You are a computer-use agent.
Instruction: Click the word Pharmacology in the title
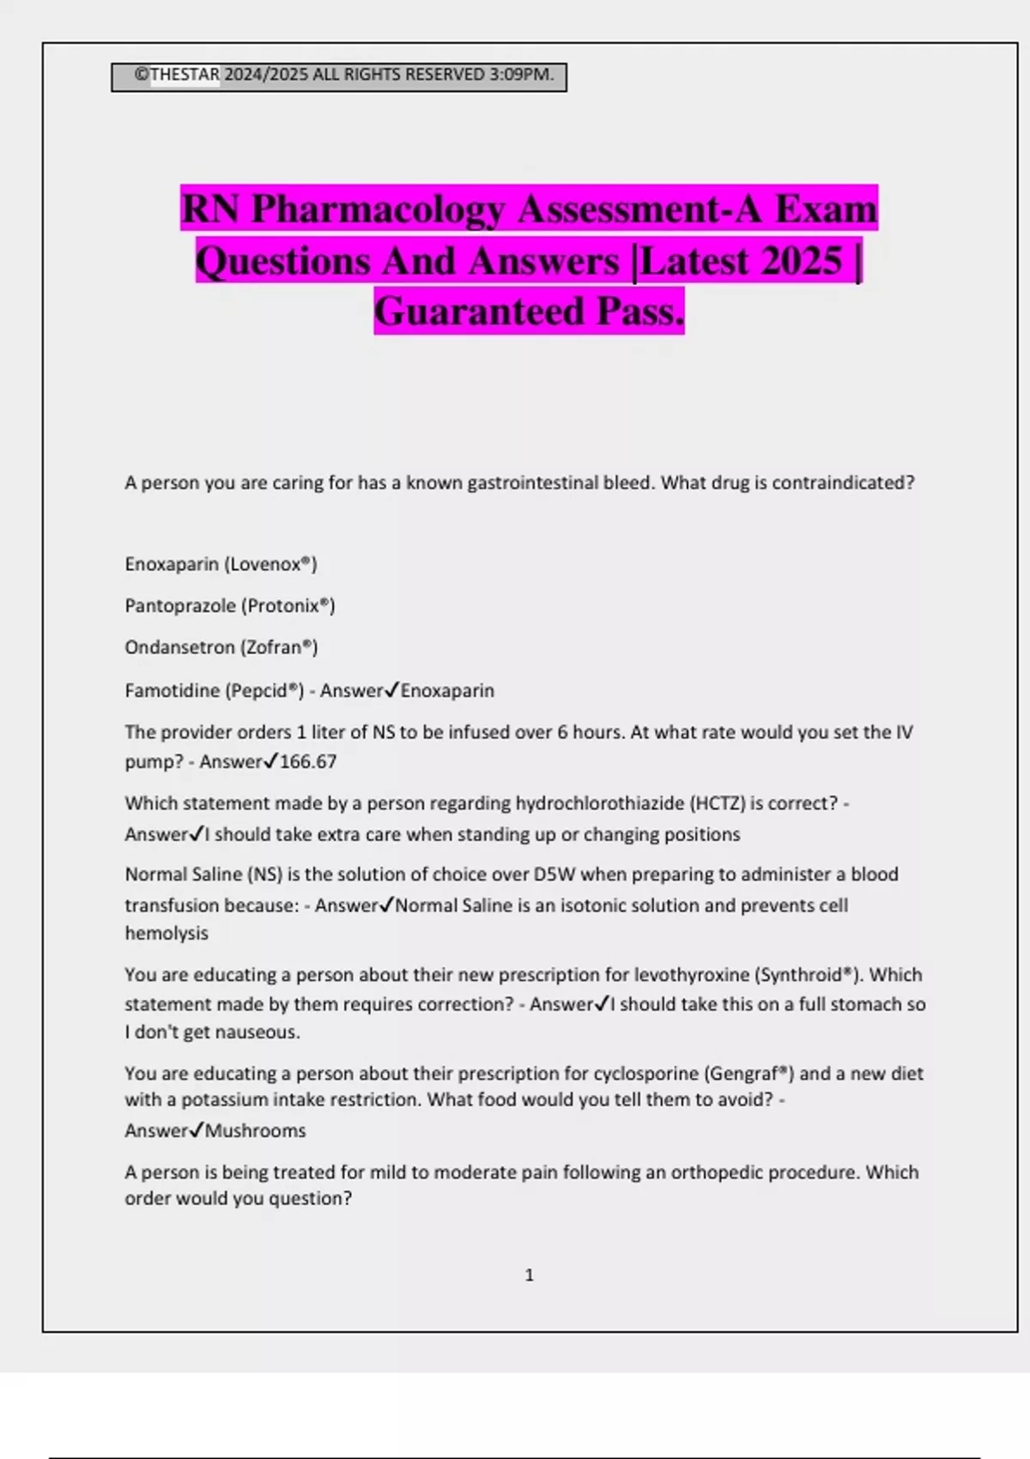click(x=378, y=209)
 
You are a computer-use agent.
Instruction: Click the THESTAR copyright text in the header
click(x=185, y=76)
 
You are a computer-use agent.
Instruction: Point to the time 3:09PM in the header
click(x=520, y=76)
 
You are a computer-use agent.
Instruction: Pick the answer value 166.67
click(x=308, y=761)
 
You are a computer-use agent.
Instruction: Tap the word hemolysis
click(x=167, y=934)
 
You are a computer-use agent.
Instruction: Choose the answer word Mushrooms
click(x=256, y=1131)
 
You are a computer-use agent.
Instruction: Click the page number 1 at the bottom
click(x=530, y=1275)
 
